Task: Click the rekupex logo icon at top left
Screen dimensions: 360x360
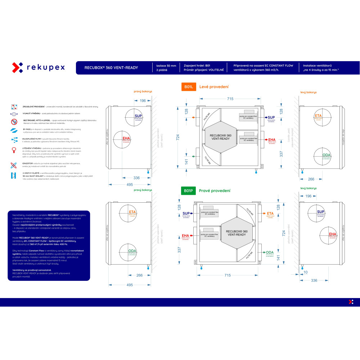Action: pyautogui.click(x=18, y=67)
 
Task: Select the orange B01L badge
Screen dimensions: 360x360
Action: pyautogui.click(x=188, y=87)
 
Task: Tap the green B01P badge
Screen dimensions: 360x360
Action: pyautogui.click(x=188, y=190)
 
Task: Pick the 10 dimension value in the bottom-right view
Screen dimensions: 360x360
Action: pyautogui.click(x=305, y=272)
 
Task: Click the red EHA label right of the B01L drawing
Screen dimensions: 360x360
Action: pyautogui.click(x=272, y=140)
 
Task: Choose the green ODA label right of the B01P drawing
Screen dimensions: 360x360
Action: pyautogui.click(x=270, y=253)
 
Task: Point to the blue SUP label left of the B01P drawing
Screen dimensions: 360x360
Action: pyautogui.click(x=186, y=213)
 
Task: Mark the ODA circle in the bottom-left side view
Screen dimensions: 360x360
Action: pyautogui.click(x=132, y=252)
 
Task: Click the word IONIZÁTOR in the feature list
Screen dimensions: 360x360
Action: pyautogui.click(x=28, y=163)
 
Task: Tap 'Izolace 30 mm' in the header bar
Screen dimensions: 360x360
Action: pyautogui.click(x=166, y=66)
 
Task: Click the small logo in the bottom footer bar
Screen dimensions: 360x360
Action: pyautogui.click(x=351, y=302)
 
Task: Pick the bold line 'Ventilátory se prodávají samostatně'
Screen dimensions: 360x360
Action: pyautogui.click(x=32, y=270)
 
